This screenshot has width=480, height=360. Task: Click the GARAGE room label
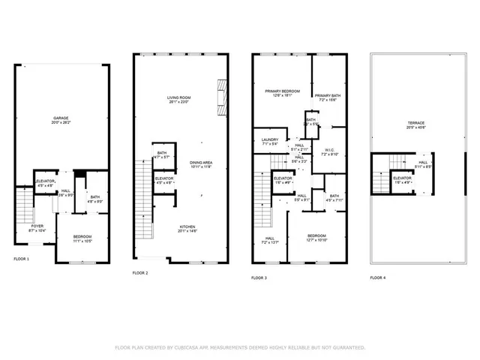pos(61,118)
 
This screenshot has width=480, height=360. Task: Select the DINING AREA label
pos(200,163)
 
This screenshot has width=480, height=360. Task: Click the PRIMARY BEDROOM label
pos(282,91)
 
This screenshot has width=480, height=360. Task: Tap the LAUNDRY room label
pos(270,139)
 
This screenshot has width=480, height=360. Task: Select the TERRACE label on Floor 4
pos(416,123)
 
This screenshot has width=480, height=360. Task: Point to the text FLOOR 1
pos(22,259)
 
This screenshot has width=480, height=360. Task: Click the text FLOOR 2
pos(141,273)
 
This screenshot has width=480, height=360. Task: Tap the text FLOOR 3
pos(259,277)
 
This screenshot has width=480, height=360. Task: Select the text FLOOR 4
pos(377,277)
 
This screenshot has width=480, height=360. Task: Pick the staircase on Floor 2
pos(142,199)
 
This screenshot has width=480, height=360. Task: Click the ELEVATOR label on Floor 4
pos(402,178)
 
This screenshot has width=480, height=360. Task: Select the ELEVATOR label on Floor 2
pos(164,178)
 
